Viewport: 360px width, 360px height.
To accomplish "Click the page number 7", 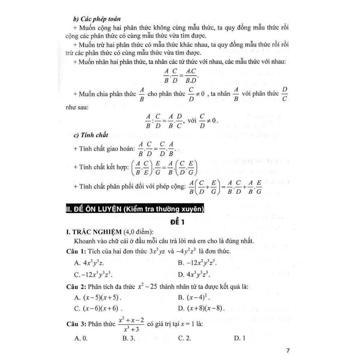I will tap(288, 350).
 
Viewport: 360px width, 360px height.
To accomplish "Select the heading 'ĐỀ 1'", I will tap(179, 222).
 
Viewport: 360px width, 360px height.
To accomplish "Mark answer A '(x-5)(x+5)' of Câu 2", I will tap(98, 297).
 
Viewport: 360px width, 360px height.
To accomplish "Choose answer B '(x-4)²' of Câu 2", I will tap(194, 297).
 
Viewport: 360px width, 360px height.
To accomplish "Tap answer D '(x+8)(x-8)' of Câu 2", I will tap(201, 309).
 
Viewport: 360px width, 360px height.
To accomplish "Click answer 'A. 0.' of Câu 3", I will tap(81, 338).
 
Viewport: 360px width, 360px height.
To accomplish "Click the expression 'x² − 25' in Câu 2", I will tap(147, 287).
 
